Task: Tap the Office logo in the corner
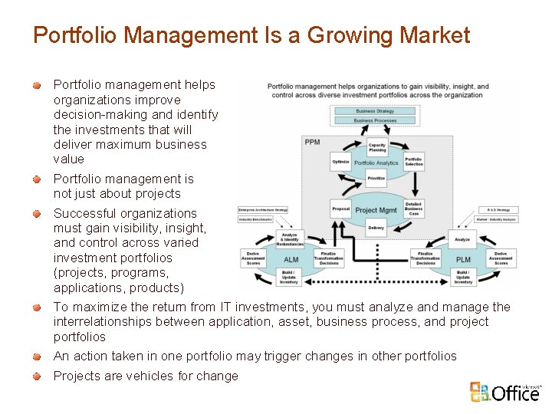point(505,392)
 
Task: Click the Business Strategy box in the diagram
point(375,111)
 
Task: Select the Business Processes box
point(375,120)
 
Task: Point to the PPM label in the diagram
point(312,142)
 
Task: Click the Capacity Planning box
point(377,147)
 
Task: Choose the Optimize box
point(341,162)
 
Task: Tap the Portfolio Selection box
point(413,162)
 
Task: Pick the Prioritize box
point(376,178)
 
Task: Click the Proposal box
point(341,209)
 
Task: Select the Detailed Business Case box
point(413,209)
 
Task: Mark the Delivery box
point(376,227)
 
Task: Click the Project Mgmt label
point(376,210)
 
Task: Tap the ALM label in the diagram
point(291,260)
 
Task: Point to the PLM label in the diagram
point(463,260)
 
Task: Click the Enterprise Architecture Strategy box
point(263,209)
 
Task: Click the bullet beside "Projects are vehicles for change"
point(36,376)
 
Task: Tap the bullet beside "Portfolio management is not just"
point(36,179)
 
